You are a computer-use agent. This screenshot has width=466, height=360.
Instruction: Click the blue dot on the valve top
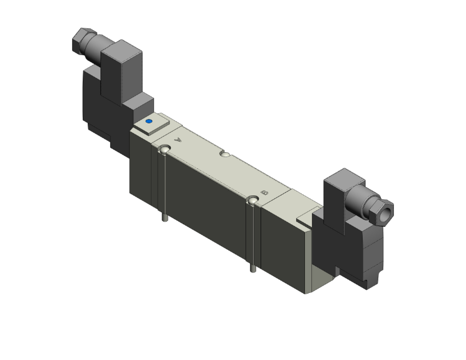[148, 121]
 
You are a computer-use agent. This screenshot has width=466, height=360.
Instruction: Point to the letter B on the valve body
[264, 193]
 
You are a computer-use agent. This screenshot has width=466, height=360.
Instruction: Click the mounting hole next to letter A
[164, 150]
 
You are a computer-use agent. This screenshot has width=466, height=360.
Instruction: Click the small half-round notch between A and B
[224, 152]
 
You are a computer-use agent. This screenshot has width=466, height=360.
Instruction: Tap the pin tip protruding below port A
[164, 220]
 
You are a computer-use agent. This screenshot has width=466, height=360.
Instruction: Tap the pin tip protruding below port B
[252, 270]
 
